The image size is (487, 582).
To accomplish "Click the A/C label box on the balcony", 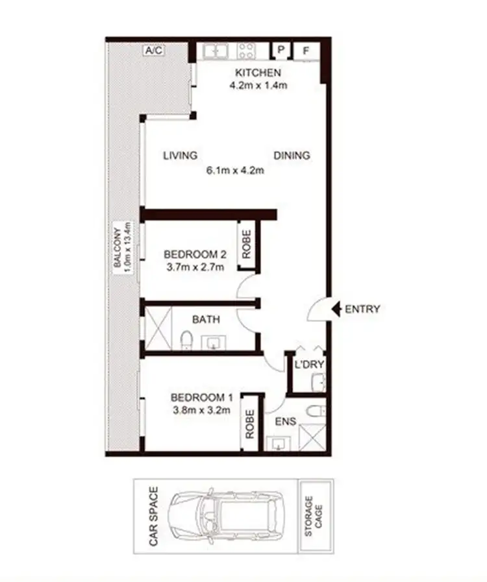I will (153, 49).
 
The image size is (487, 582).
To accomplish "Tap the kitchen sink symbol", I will (214, 51).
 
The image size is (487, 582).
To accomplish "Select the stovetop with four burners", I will (247, 51).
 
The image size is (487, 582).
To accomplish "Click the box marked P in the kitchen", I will (281, 50).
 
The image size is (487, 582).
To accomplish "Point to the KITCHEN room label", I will (258, 72).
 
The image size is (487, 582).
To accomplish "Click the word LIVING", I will (180, 155).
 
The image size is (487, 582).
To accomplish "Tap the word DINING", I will (292, 155).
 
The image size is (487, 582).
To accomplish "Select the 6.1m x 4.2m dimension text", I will (235, 171).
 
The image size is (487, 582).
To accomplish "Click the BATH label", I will (206, 319).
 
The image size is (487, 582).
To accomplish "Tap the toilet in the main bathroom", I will (186, 339).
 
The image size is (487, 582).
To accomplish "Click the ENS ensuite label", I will (285, 422).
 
